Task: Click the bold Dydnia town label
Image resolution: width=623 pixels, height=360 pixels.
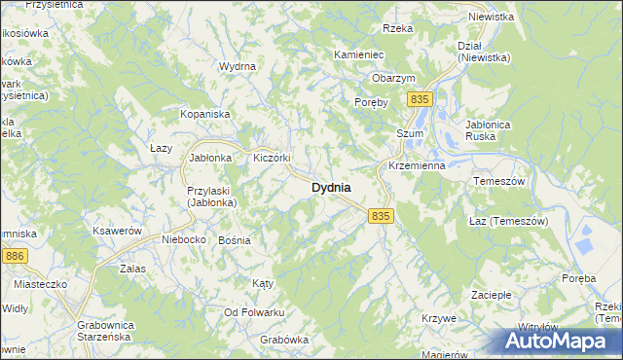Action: coord(331,187)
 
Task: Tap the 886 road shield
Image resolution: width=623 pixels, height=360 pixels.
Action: coord(15,255)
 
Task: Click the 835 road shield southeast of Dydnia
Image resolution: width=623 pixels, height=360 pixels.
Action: coord(381,216)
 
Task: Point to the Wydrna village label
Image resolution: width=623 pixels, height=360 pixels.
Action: coord(238,66)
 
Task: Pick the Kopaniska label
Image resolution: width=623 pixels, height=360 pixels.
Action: coord(202,114)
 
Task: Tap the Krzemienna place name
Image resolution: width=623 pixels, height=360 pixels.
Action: coord(416,165)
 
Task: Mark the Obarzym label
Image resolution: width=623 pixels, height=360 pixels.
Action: coord(393,78)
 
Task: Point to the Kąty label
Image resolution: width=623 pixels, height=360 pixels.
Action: coord(262,283)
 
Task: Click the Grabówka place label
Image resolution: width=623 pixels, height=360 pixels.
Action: coord(284,340)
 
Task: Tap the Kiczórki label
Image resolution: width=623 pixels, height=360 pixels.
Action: coord(273,158)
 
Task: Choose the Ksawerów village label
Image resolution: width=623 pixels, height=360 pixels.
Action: coord(118,231)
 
